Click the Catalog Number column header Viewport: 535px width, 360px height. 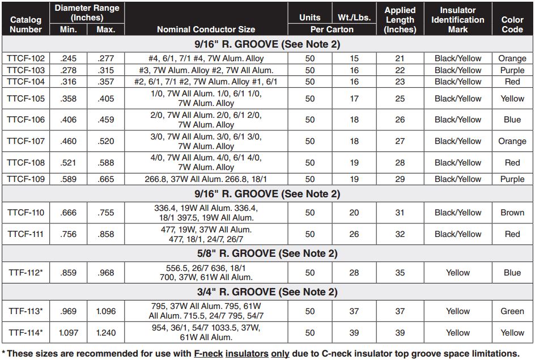[26, 24]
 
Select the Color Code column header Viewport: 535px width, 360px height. [512, 24]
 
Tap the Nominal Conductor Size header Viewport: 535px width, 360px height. [206, 29]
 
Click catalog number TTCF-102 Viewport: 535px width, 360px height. [26, 58]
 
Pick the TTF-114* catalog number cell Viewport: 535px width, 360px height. [26, 333]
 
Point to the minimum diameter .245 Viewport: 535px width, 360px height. [69, 58]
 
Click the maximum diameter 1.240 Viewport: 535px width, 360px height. [106, 333]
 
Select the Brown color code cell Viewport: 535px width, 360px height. [512, 213]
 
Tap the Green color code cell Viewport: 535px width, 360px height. [512, 311]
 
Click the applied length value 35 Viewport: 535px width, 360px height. [400, 273]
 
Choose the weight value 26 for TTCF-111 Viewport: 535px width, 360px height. [354, 234]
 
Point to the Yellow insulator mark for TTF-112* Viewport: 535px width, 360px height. [457, 273]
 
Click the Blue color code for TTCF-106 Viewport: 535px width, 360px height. [512, 120]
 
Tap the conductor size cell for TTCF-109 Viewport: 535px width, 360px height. [206, 179]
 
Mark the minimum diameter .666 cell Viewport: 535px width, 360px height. [69, 213]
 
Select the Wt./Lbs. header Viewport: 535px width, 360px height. [354, 18]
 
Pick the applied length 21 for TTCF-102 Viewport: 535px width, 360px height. [400, 58]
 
